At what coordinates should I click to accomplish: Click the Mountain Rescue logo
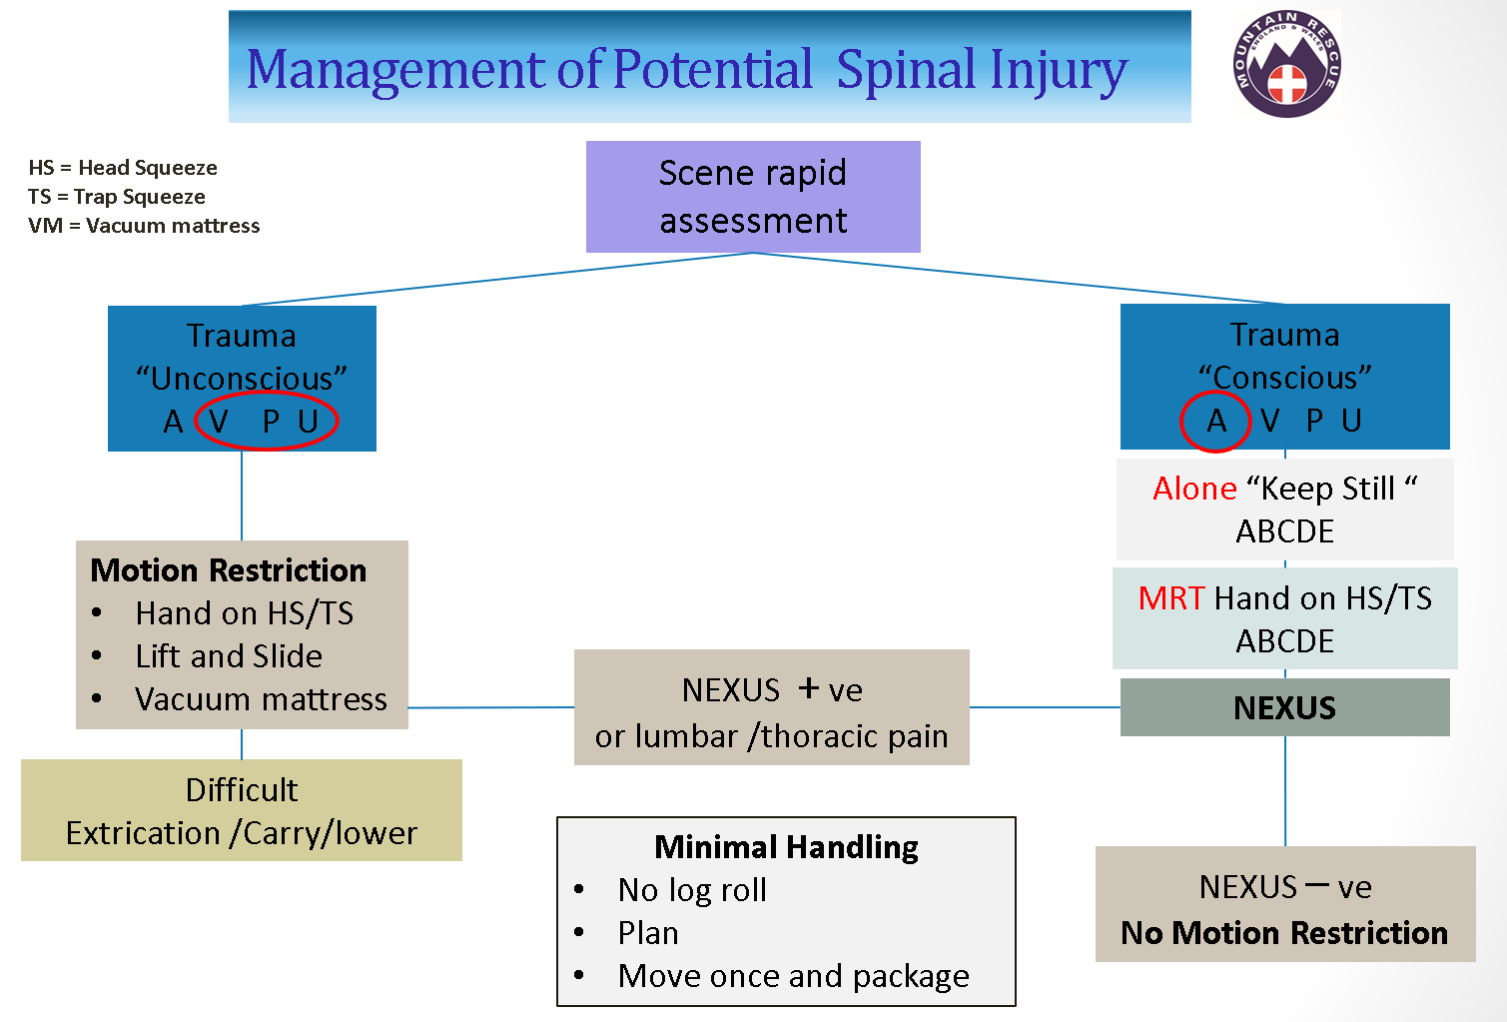point(1286,64)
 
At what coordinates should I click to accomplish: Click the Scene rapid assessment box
point(753,197)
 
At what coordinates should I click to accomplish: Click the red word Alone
point(1194,489)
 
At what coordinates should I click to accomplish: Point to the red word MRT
point(1171,598)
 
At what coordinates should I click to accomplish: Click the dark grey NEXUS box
point(1284,707)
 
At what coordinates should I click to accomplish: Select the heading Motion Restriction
point(229,570)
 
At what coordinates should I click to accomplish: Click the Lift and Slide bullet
point(229,656)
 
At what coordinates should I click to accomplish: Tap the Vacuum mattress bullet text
point(261,699)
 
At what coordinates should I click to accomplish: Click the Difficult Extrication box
point(242,810)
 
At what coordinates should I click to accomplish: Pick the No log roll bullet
point(692,890)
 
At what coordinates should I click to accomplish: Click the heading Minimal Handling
point(786,847)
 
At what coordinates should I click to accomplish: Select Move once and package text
point(793,976)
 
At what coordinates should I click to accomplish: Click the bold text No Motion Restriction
point(1284,933)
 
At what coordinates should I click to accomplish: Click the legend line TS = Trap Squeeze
point(117,197)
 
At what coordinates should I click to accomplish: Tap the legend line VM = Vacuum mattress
point(144,226)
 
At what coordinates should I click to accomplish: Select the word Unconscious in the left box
point(242,379)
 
